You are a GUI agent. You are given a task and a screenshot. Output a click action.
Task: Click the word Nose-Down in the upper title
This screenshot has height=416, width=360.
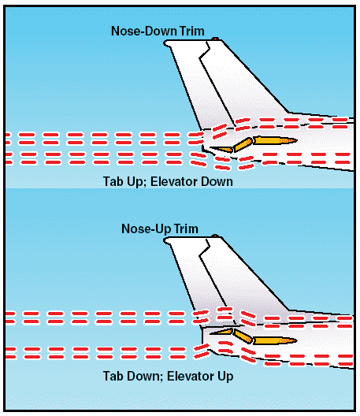(x=144, y=31)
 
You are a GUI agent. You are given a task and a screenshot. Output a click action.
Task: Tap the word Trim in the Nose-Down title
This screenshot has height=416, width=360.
(x=192, y=31)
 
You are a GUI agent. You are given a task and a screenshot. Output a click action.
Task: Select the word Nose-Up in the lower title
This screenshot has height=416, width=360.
(x=147, y=229)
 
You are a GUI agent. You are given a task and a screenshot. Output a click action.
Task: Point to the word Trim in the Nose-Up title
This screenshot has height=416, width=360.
(x=186, y=228)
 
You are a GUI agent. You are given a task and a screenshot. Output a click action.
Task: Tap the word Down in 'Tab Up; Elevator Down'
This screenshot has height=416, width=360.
(x=217, y=182)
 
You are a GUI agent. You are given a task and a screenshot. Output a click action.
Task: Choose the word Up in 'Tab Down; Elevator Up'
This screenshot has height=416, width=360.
(x=225, y=377)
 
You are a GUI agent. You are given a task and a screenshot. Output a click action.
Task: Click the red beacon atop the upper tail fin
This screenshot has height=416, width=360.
(x=215, y=39)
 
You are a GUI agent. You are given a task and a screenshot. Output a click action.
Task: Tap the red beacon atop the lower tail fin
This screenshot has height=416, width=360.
(x=215, y=236)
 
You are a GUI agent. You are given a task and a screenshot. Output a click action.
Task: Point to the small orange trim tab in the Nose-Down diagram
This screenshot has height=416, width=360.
(x=221, y=150)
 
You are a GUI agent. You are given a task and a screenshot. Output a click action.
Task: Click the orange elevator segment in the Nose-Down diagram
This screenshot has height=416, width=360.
(x=242, y=145)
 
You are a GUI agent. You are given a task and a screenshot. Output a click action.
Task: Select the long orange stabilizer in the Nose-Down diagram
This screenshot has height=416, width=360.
(x=275, y=140)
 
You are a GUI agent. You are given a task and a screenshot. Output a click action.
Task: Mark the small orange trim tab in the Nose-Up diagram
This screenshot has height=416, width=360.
(x=221, y=332)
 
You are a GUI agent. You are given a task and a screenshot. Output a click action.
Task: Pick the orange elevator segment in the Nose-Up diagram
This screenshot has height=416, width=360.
(x=242, y=336)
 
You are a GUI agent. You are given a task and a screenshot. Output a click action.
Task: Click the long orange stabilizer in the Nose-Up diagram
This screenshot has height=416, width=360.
(x=275, y=340)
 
